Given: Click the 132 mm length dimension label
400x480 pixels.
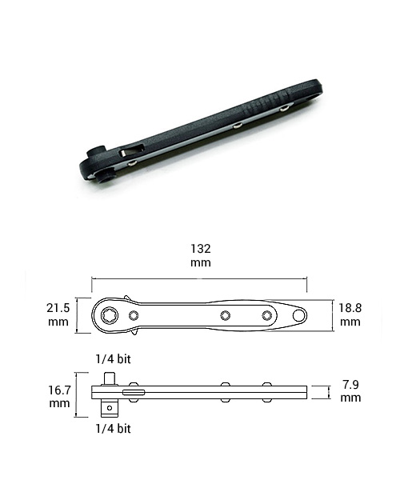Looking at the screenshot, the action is click(x=201, y=255).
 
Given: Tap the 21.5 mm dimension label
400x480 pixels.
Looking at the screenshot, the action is click(x=58, y=314).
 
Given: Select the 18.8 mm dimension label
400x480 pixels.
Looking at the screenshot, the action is click(x=350, y=314).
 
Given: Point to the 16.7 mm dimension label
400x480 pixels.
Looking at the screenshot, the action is click(x=59, y=396).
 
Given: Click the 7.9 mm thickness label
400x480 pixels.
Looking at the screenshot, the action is click(x=350, y=391).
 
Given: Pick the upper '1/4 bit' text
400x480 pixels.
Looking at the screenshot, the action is click(x=114, y=358).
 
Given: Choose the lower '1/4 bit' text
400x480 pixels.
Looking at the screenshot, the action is click(x=114, y=429).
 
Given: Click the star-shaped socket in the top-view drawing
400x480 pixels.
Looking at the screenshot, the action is click(x=110, y=315).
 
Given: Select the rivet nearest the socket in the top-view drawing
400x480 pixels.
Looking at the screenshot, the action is click(x=134, y=315).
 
